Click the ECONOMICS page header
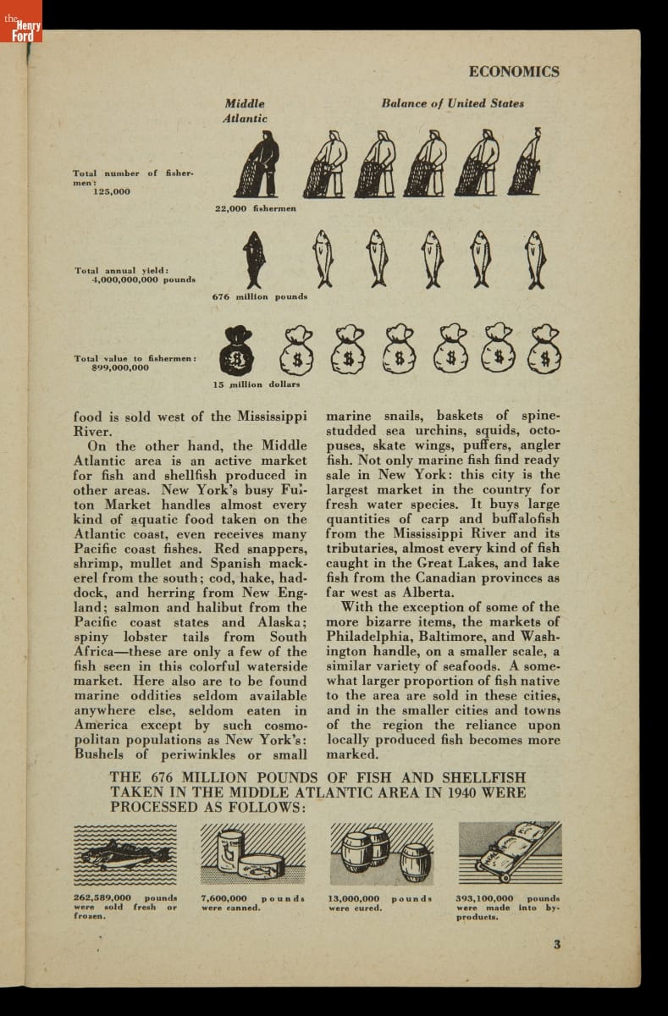[513, 72]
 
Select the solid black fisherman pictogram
[257, 165]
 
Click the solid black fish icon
[253, 259]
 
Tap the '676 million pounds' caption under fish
[259, 297]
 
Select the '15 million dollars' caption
[256, 384]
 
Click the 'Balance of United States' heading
[452, 103]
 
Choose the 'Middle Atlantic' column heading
[245, 111]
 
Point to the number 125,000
[112, 191]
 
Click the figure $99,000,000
[119, 367]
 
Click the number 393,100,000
[485, 898]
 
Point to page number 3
[556, 946]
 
